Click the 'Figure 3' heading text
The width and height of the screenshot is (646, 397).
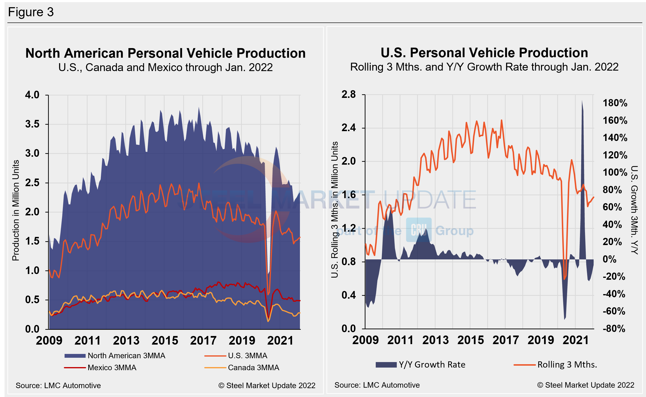(31, 12)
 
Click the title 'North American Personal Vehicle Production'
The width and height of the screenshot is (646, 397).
(165, 53)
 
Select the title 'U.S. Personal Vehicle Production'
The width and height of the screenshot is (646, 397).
(484, 53)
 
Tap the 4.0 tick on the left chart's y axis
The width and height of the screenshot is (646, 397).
(32, 95)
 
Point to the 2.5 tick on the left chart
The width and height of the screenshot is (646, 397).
(32, 183)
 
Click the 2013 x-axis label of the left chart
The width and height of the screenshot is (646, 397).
(126, 341)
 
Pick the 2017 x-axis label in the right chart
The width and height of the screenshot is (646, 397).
(506, 340)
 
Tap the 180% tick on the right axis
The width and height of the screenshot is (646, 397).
(615, 103)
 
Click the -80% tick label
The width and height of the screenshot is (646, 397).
(614, 329)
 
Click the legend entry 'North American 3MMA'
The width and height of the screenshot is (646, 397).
(126, 356)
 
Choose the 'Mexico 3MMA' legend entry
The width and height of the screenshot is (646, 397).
(112, 368)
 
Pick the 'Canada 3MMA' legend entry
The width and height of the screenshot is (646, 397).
(253, 368)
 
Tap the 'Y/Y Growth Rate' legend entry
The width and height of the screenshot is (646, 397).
(432, 364)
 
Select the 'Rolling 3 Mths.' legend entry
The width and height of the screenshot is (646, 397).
(567, 364)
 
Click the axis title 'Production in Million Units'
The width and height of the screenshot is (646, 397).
(16, 210)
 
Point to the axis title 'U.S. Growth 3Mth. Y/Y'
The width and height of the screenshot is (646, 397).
(634, 210)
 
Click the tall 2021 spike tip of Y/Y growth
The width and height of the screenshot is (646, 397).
(582, 101)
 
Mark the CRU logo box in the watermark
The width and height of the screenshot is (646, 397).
(419, 230)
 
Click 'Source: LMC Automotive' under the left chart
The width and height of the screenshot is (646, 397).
(58, 386)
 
